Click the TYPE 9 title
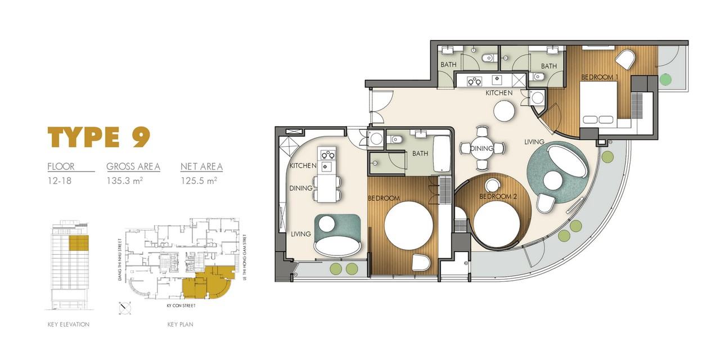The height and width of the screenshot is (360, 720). coord(99,137)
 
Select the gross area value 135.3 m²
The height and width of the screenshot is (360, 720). coord(125,181)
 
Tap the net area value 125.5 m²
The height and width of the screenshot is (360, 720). coord(199,181)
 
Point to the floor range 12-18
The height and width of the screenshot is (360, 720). coord(60,181)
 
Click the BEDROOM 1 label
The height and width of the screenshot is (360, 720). coord(600,77)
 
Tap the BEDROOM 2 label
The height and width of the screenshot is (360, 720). coord(498,196)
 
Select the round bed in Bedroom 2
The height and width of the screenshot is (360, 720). coord(497,224)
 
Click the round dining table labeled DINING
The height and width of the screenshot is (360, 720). coord(482,148)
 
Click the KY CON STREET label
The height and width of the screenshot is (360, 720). coord(181,305)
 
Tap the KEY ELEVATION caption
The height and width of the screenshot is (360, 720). coord(69,325)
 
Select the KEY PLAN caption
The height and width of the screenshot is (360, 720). coord(181,325)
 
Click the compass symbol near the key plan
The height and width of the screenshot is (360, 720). coord(125,308)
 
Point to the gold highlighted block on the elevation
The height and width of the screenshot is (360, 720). coord(79,243)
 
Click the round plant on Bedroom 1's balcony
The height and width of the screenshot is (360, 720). coord(665,79)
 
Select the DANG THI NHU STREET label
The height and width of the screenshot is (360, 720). coord(120,260)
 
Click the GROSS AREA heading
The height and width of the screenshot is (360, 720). coord(133,166)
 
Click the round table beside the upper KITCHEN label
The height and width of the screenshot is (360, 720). coord(505,111)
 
